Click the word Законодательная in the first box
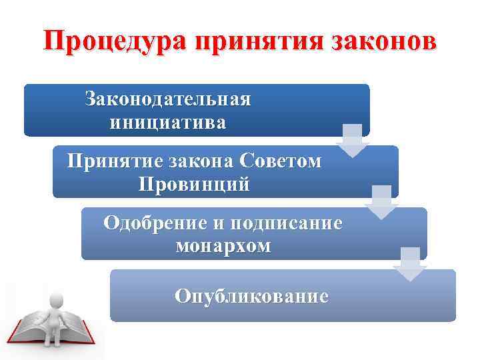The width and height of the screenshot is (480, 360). click(168, 100)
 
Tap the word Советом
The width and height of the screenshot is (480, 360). click(281, 161)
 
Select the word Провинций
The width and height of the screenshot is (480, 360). click(194, 184)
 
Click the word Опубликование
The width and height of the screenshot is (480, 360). click(251, 295)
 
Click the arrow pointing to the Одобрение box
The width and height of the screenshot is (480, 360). click(381, 202)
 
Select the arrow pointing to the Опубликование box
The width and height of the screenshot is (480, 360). click(410, 264)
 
